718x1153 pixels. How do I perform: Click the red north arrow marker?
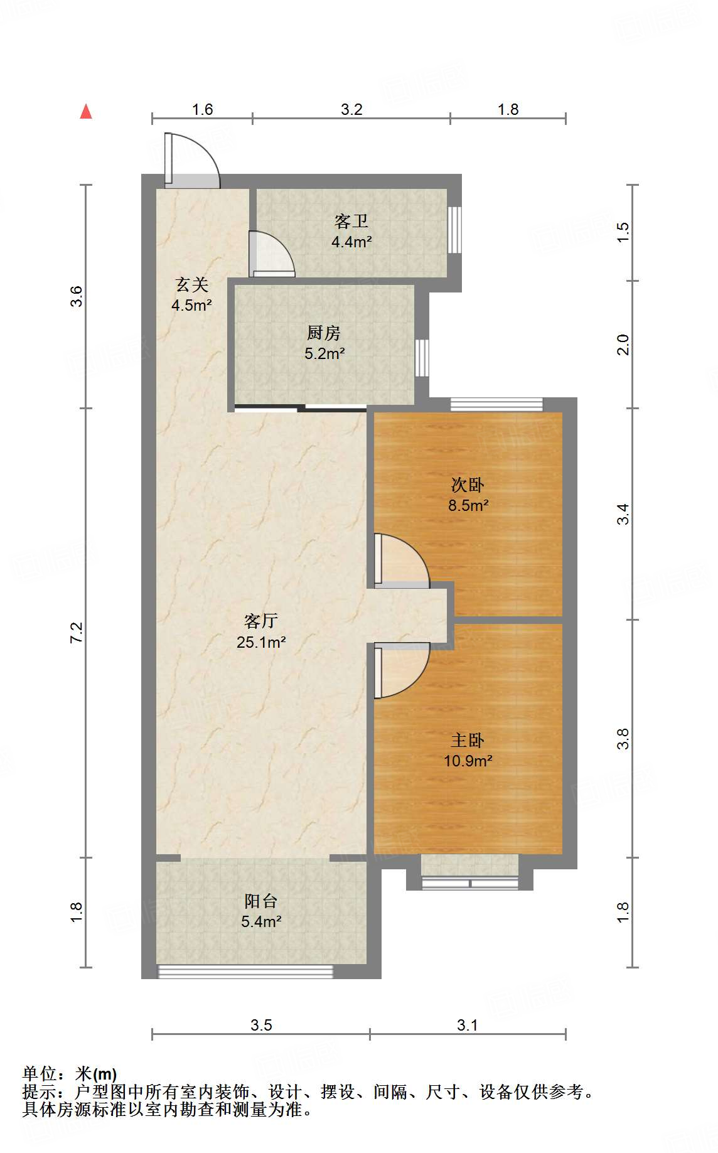click(86, 112)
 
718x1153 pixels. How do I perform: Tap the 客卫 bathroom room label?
click(351, 221)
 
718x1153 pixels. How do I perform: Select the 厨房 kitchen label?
click(324, 333)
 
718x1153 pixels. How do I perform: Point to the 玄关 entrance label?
click(191, 284)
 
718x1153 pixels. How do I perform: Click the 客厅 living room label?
click(261, 621)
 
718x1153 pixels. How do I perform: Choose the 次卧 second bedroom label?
click(468, 485)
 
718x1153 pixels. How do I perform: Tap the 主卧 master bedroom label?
click(468, 740)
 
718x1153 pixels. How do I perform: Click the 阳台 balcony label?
click(261, 901)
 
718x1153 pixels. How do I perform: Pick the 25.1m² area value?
click(261, 642)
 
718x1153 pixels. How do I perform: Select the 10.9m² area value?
click(468, 761)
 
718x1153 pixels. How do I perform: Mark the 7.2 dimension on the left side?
click(76, 632)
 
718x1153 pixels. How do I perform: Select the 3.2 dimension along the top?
click(351, 109)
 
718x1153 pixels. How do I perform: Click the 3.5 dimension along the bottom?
click(261, 1025)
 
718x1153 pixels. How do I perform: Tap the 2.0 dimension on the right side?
click(622, 345)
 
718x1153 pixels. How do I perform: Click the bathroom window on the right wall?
click(454, 230)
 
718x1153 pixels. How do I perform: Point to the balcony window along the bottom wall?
click(245, 972)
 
